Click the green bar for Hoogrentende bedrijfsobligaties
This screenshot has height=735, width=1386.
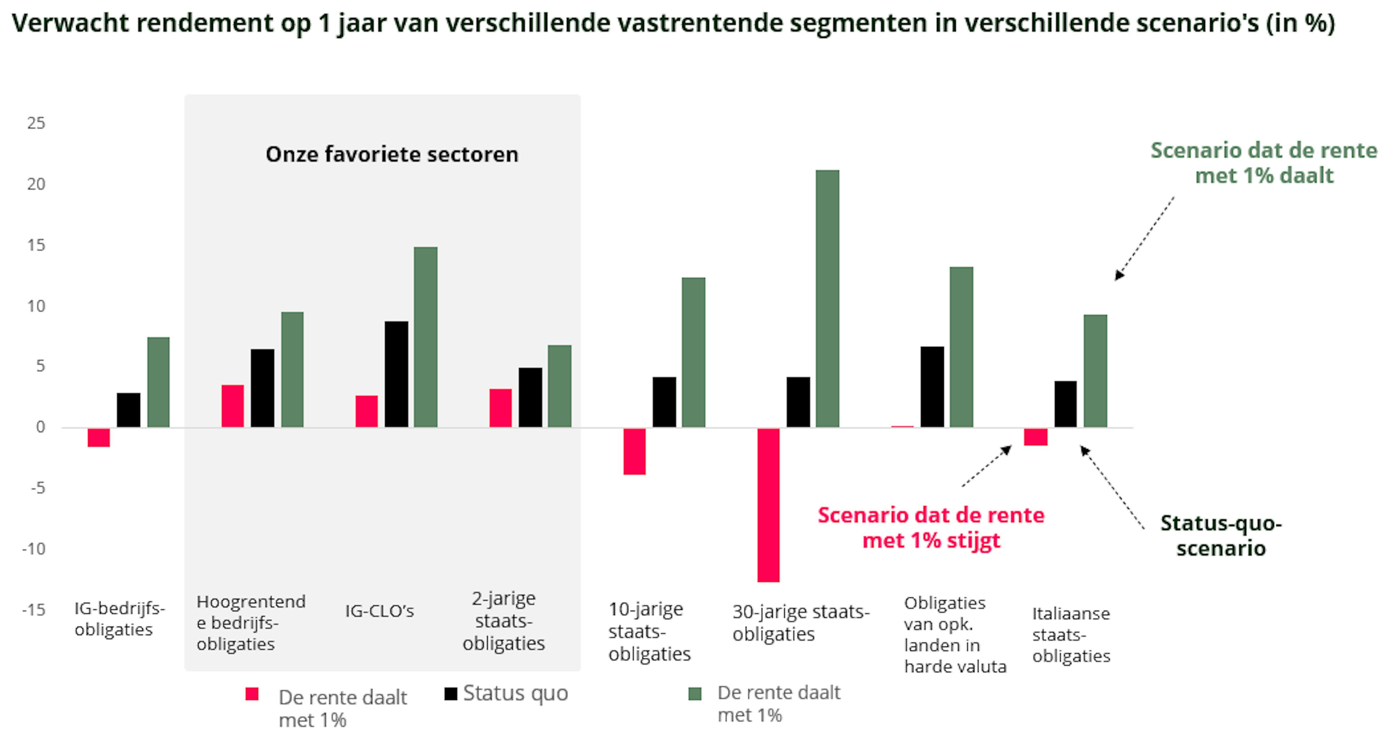click(292, 370)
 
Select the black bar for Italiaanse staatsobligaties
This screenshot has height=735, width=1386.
click(1065, 404)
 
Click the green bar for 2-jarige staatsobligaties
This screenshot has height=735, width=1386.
click(559, 386)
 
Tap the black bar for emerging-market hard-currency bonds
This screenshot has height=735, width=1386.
click(932, 387)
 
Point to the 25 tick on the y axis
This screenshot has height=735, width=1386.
click(36, 123)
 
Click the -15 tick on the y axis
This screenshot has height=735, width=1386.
click(34, 610)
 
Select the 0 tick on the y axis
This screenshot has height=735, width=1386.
click(40, 427)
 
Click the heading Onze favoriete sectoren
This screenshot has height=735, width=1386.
click(392, 155)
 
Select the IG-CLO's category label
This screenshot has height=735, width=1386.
click(379, 611)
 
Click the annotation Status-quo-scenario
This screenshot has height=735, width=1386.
click(1221, 536)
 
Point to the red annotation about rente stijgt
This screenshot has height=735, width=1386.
click(931, 527)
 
